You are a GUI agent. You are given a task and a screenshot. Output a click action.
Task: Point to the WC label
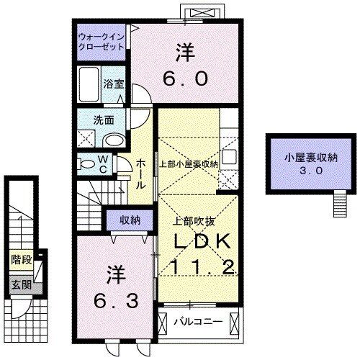pyautogui.click(x=102, y=164)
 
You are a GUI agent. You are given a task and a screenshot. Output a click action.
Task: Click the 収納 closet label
pyautogui.click(x=130, y=220)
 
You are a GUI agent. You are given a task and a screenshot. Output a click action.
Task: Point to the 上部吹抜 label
pyautogui.click(x=192, y=220)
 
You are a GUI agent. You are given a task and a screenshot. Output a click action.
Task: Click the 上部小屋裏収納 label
pyautogui.click(x=189, y=164)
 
